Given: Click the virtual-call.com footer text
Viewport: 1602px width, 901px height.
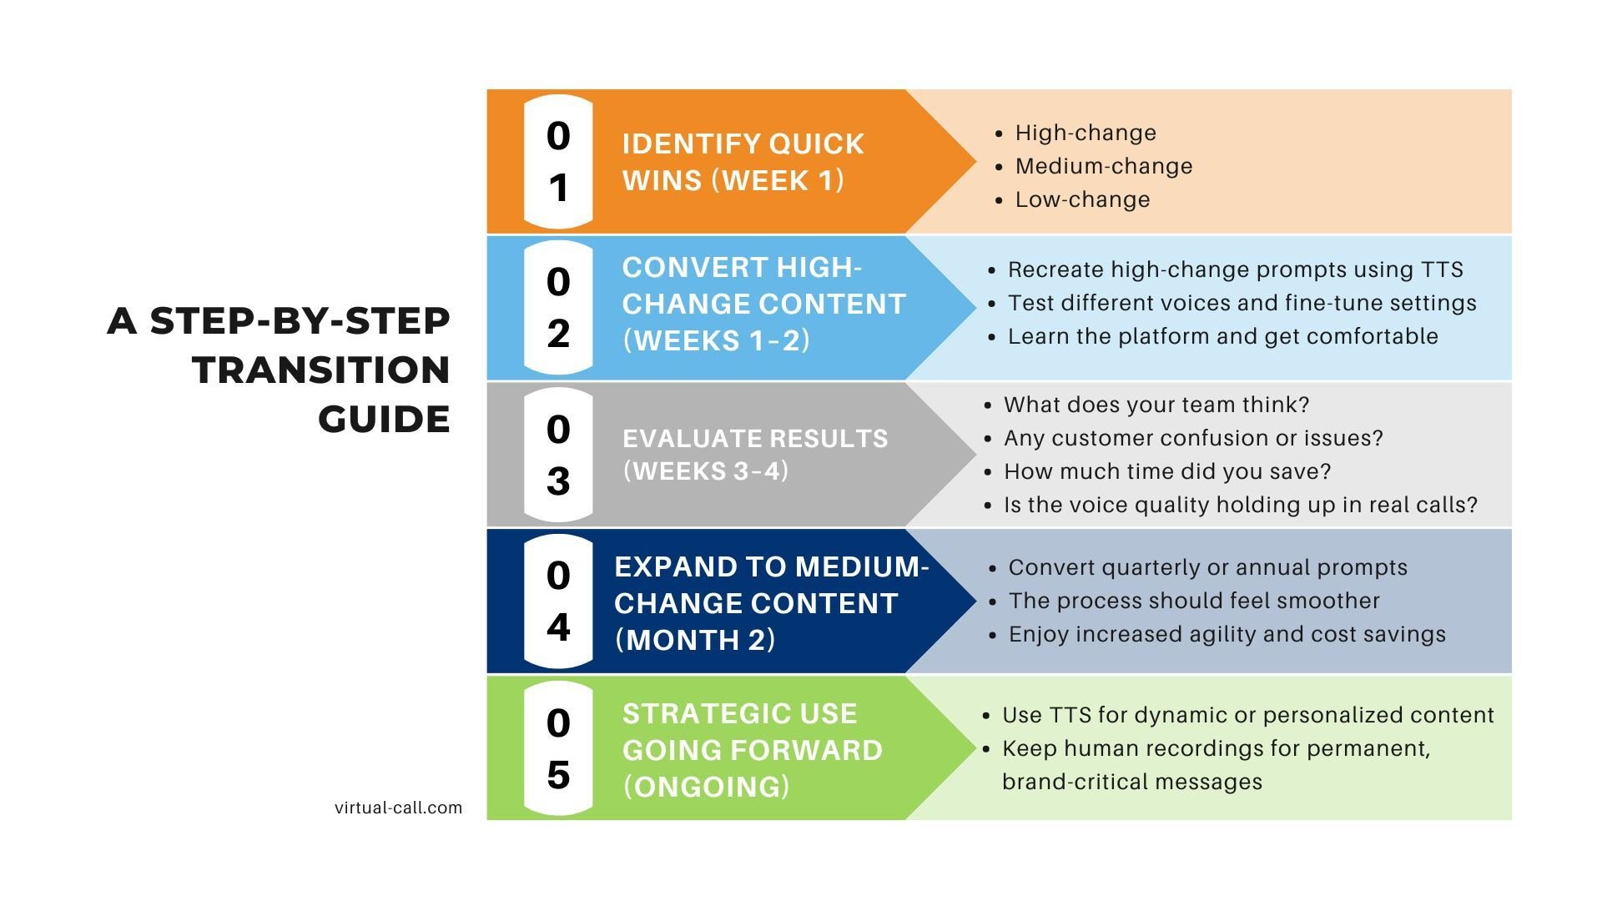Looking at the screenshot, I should point(398,808).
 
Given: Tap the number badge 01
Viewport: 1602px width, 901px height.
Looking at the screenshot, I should point(558,162).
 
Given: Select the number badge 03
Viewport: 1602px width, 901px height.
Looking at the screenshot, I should point(558,455).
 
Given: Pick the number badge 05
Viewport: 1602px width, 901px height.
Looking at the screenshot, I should point(558,748).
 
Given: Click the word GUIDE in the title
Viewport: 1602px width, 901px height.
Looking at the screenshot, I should point(384,419).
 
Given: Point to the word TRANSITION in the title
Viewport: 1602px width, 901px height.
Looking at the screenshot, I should point(321,370).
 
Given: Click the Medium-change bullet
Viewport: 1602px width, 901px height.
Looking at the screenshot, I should point(1103,166).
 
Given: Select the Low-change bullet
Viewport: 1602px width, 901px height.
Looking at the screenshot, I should point(1082,199).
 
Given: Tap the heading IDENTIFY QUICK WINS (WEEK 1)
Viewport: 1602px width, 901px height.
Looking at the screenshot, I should point(743,162).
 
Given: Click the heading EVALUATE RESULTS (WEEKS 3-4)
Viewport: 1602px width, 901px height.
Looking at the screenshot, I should point(755,455).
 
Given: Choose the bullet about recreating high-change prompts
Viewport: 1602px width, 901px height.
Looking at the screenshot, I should point(1235,269).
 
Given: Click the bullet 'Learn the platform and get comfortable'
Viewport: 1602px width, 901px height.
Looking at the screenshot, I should point(1222,336).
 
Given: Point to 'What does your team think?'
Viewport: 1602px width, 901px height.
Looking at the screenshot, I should point(1156,405).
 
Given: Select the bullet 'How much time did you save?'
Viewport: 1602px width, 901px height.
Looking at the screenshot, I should point(1166,471).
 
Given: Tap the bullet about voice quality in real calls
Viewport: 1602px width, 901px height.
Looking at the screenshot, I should point(1240,505).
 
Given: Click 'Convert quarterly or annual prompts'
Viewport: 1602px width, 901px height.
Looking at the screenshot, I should point(1207,567).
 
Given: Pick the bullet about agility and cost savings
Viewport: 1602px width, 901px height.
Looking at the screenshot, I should point(1227,634).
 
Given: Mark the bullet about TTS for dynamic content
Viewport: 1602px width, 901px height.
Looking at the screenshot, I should point(1247,715).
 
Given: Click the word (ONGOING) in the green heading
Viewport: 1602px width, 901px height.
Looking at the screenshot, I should point(706,786).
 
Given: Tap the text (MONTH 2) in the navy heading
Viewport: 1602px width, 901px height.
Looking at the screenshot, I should point(695,640).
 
